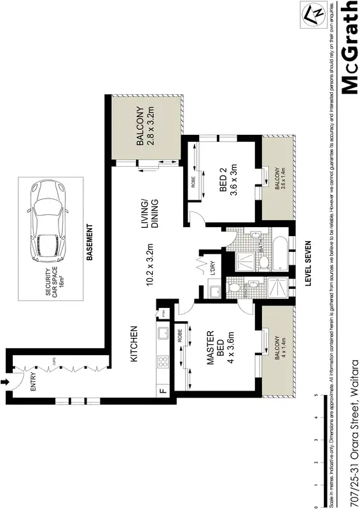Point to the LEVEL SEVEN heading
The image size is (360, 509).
click(307, 265)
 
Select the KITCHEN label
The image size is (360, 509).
click(134, 344)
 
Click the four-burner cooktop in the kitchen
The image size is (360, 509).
click(163, 362)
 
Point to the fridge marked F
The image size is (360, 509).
click(163, 390)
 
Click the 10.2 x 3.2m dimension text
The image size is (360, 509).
click(151, 265)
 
